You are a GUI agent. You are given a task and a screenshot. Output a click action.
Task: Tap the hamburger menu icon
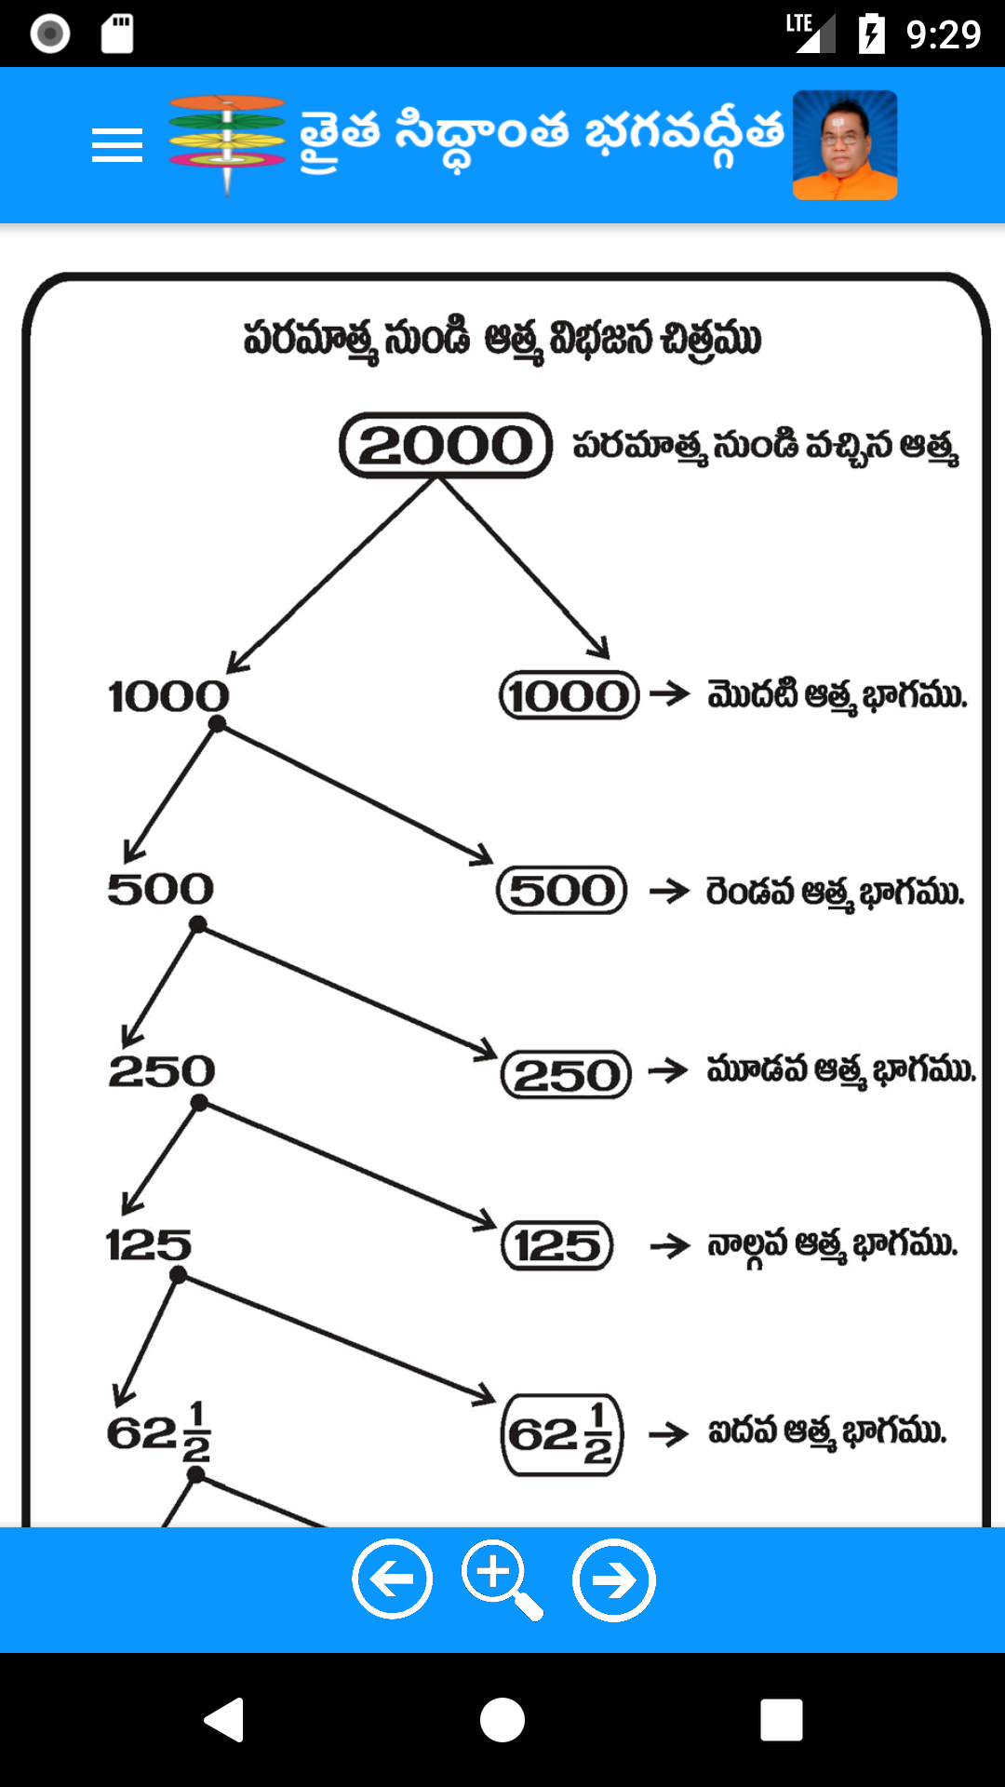click(117, 146)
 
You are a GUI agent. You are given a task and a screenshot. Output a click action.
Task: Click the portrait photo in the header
click(844, 145)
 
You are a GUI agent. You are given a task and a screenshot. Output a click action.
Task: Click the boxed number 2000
click(446, 446)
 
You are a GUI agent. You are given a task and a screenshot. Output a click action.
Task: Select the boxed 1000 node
click(569, 695)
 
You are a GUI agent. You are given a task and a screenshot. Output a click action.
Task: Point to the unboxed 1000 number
click(168, 696)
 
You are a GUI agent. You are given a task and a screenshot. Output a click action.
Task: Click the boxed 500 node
click(562, 891)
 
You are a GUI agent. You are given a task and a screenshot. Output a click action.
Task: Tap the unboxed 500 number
click(160, 889)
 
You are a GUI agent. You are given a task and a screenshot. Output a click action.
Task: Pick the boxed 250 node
click(566, 1075)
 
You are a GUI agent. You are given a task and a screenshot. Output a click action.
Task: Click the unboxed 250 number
click(162, 1071)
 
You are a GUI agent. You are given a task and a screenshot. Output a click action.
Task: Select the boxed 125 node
click(557, 1245)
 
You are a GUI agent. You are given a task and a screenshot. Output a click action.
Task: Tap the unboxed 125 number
click(149, 1245)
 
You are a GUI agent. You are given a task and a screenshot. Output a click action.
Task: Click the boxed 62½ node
click(562, 1434)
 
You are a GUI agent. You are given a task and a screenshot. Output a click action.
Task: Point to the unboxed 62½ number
click(158, 1432)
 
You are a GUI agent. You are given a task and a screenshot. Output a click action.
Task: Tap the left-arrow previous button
click(392, 1579)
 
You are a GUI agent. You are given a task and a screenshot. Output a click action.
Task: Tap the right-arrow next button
click(613, 1579)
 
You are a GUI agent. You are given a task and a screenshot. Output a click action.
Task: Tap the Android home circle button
click(502, 1719)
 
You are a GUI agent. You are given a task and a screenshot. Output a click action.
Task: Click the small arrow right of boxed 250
click(668, 1070)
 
